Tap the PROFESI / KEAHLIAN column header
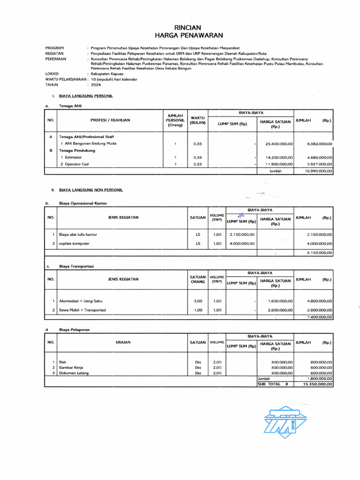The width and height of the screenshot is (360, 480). point(110,120)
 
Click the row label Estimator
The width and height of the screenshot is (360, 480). point(73,157)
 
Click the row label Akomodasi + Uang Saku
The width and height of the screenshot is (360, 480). point(81,301)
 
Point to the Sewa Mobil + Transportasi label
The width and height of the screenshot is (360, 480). point(82,310)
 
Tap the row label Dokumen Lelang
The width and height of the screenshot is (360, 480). point(74,373)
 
